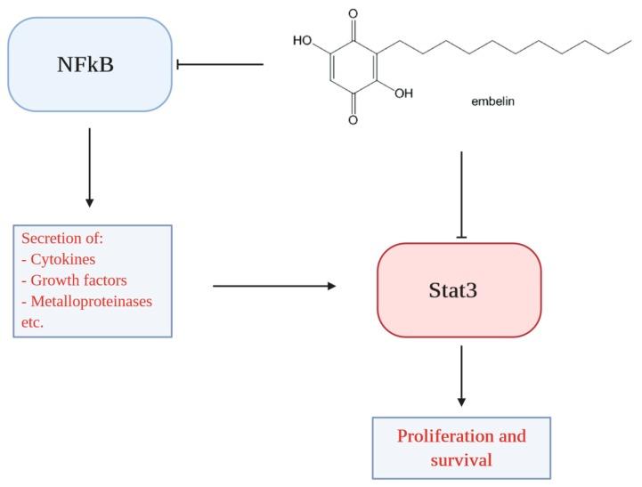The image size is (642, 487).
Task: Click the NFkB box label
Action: (89, 64)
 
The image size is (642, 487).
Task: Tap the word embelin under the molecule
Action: (492, 102)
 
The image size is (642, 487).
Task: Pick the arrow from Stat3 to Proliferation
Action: (462, 375)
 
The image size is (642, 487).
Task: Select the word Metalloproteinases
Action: (92, 301)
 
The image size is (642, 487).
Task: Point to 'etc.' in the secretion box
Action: (34, 321)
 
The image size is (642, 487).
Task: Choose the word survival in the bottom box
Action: (461, 460)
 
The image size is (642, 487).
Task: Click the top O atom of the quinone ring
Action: (353, 13)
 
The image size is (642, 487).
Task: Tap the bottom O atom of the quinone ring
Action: (353, 118)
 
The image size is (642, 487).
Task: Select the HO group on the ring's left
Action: (302, 40)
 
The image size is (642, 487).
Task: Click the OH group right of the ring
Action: (403, 93)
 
